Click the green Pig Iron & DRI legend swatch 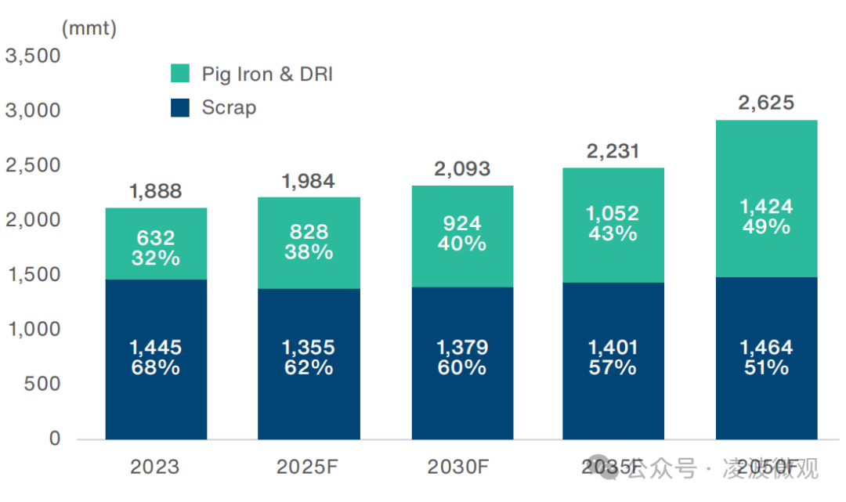(x=180, y=74)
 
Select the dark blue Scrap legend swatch (x=180, y=107)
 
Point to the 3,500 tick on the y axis (x=33, y=56)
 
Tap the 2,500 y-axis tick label (x=33, y=165)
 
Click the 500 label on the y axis (x=42, y=384)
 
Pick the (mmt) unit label (x=89, y=29)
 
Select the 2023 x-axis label (x=155, y=467)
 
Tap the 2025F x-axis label (x=308, y=467)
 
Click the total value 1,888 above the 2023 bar (x=155, y=191)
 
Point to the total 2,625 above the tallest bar (x=766, y=103)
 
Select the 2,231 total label (x=613, y=151)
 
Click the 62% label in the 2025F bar (x=309, y=367)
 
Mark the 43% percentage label (x=613, y=233)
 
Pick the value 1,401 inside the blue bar (x=613, y=347)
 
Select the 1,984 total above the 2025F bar (x=309, y=181)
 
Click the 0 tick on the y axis (x=55, y=439)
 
